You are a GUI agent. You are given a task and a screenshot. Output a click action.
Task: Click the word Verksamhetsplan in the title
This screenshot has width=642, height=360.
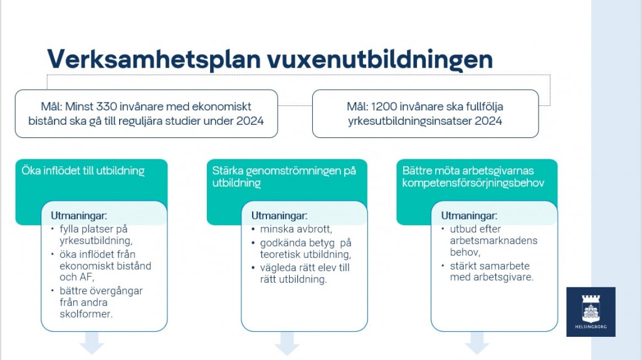tap(154, 60)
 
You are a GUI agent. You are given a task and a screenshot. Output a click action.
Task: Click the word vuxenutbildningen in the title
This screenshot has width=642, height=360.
tap(380, 60)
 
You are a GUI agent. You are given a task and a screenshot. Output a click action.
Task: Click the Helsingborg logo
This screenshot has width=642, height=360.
tap(591, 312)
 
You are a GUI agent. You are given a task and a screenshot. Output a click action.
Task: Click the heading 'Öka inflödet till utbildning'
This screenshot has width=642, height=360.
tap(83, 171)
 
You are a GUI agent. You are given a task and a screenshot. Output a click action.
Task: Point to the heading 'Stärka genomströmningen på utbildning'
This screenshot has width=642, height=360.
tap(284, 176)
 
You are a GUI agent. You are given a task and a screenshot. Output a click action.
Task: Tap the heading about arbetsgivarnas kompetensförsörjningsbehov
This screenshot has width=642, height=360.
tap(473, 176)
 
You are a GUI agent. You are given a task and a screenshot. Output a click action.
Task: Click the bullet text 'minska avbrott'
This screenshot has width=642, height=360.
tap(296, 229)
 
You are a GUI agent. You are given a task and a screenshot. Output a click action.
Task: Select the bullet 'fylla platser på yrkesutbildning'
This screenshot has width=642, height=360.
tap(96, 235)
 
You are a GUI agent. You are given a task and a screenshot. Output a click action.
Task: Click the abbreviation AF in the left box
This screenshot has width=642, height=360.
tap(87, 277)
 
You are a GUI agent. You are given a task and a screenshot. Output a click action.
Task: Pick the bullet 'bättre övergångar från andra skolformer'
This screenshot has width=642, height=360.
tap(101, 302)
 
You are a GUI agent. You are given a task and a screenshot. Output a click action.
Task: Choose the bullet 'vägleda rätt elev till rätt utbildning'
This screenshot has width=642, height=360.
tap(305, 273)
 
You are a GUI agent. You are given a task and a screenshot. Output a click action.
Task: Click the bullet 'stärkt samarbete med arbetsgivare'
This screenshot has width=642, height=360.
tap(492, 272)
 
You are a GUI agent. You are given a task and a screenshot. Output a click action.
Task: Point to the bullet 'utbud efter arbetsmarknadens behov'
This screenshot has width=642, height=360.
tap(493, 240)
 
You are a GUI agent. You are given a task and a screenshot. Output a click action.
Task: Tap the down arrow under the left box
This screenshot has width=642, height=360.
tap(92, 343)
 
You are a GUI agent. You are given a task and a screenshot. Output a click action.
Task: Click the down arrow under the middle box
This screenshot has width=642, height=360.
tap(287, 343)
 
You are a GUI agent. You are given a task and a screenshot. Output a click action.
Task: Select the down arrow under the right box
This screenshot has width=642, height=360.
tap(476, 343)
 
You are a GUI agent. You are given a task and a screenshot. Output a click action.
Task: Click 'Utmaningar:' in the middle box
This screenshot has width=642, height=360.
tap(279, 215)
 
